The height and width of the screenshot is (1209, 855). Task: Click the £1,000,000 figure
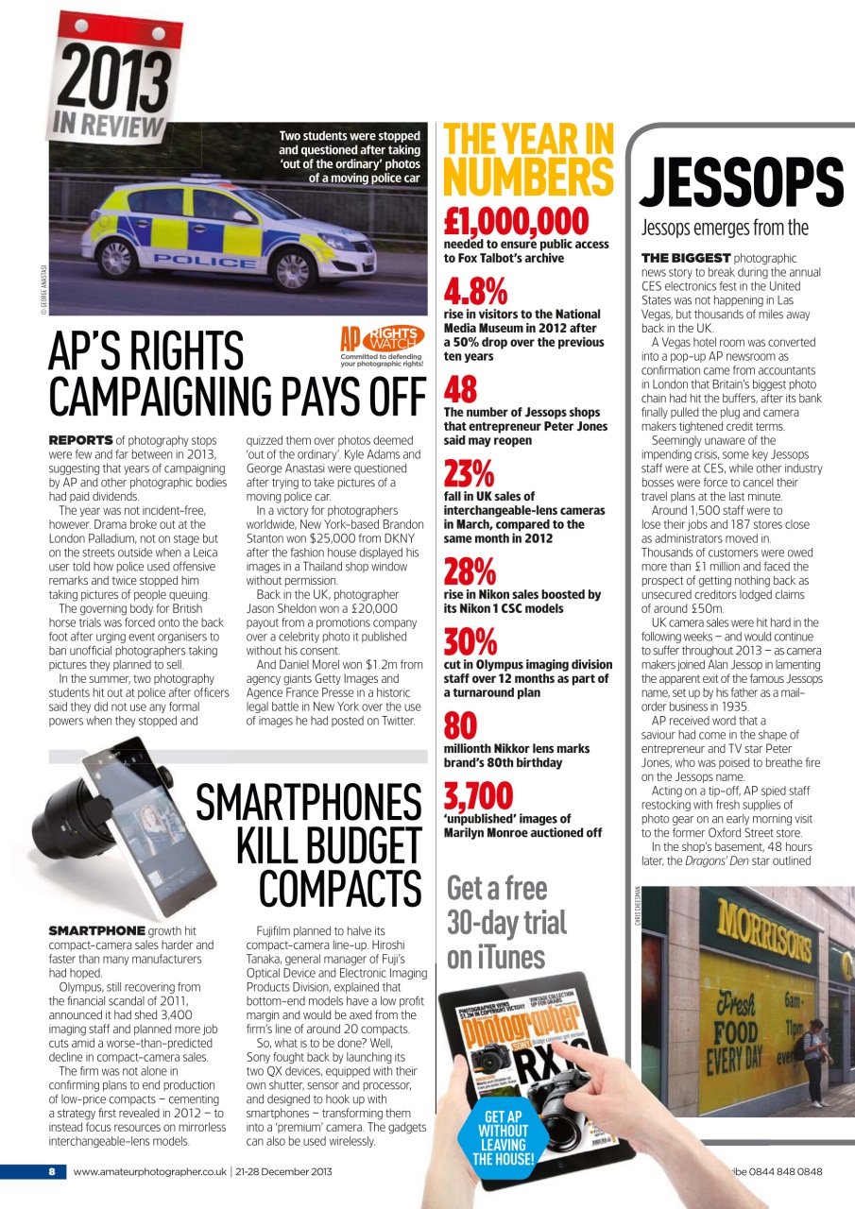(x=516, y=221)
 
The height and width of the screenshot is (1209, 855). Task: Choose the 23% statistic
(x=470, y=473)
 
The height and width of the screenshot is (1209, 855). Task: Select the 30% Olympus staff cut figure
(x=470, y=642)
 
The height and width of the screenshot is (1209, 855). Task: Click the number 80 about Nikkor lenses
(x=460, y=726)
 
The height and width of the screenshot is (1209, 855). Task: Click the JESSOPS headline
(x=742, y=182)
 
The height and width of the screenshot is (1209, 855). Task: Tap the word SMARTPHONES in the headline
(x=308, y=805)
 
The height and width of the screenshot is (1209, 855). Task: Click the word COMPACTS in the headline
(x=339, y=889)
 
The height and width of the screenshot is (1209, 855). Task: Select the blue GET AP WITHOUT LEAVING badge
(x=504, y=1137)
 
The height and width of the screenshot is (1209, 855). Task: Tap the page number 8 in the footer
(x=52, y=1172)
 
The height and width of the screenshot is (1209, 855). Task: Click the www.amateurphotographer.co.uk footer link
(x=149, y=1172)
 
